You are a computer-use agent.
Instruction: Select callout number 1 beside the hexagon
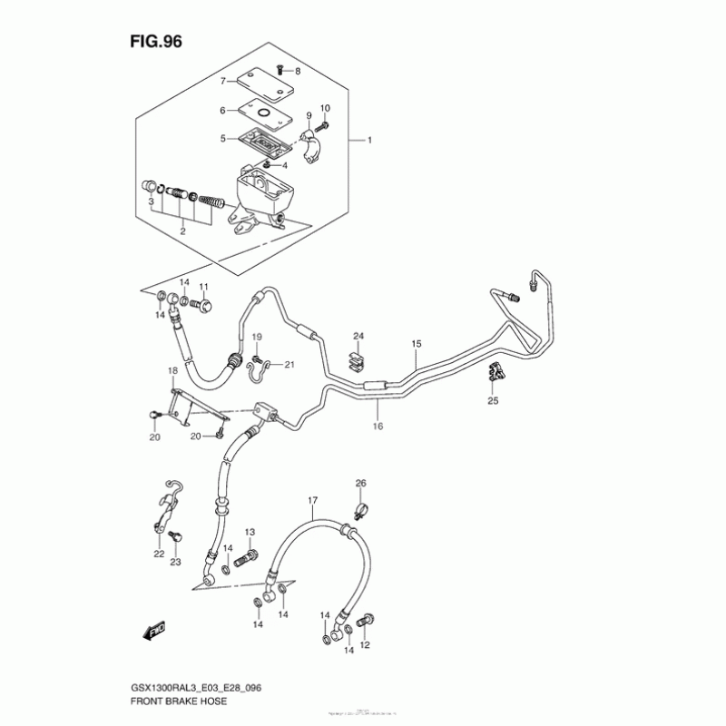370,141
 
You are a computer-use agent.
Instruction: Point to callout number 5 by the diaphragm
221,139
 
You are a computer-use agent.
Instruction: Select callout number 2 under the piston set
182,231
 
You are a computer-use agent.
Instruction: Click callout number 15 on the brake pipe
417,344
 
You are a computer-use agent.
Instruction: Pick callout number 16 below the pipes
378,425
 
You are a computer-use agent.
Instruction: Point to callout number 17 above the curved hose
312,500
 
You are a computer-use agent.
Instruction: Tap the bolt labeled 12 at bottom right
367,623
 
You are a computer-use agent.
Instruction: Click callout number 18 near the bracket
172,371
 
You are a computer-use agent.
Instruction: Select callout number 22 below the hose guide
159,554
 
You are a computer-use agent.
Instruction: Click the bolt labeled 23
173,540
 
